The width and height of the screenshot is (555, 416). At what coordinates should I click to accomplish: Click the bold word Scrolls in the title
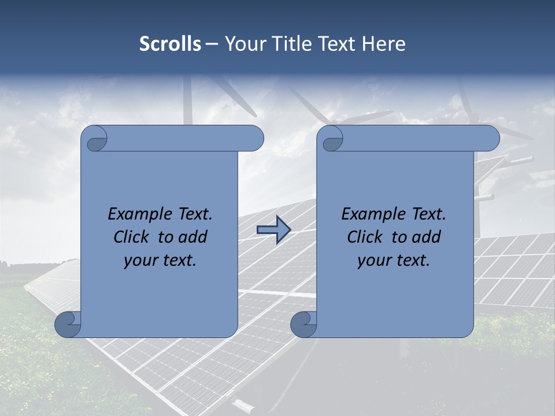[x=170, y=44]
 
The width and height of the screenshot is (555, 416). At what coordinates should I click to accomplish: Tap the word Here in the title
[x=384, y=44]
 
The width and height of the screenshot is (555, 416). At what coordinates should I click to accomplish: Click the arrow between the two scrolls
[x=273, y=230]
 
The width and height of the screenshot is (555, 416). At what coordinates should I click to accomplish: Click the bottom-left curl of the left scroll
[x=68, y=324]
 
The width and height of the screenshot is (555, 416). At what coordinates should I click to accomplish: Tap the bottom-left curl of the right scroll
[x=304, y=324]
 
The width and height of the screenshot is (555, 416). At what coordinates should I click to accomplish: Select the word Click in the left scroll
[x=127, y=237]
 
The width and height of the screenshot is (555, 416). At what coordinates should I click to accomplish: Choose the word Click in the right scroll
[x=360, y=237]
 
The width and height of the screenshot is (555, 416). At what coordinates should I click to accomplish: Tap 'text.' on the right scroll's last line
[x=413, y=261]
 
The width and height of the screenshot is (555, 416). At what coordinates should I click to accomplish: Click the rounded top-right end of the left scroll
[x=254, y=139]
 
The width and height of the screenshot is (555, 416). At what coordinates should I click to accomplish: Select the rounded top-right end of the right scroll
[x=490, y=139]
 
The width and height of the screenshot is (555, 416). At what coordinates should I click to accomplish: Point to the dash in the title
[x=212, y=44]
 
